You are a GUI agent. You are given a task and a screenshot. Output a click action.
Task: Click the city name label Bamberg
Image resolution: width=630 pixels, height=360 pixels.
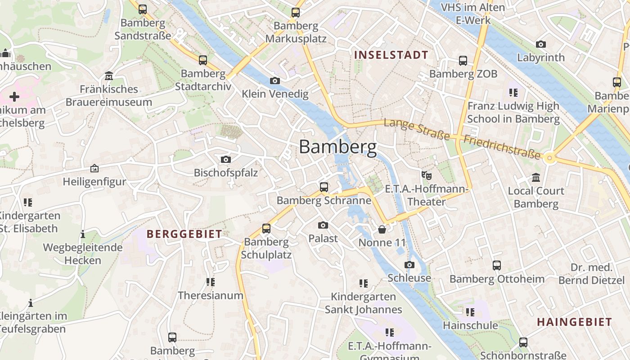point(337,147)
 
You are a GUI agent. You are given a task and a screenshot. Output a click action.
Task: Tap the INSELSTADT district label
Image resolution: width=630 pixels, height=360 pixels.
point(391,55)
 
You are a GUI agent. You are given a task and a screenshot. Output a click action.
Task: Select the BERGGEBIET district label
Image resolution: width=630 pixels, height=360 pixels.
point(184,234)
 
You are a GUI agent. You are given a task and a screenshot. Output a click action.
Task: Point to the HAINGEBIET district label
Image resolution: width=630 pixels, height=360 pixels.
point(574,322)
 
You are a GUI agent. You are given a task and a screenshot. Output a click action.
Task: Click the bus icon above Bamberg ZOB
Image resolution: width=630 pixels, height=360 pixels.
point(463,61)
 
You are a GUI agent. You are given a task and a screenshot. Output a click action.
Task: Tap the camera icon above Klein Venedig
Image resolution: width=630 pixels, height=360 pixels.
point(274,81)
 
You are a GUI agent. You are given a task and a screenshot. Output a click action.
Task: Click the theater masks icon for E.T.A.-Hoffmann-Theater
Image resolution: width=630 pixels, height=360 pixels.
point(426,175)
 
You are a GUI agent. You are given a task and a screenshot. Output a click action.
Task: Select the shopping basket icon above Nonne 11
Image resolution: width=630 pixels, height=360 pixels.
point(382,230)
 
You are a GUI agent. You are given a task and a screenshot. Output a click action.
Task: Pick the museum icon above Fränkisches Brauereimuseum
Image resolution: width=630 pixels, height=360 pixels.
point(108,76)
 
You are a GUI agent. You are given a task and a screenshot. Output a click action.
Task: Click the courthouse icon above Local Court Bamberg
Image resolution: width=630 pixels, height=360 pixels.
point(535,178)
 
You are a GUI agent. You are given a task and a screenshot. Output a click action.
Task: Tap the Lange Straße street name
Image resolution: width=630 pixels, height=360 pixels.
point(417,129)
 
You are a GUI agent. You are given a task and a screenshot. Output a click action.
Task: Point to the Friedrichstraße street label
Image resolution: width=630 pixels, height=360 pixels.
point(502,147)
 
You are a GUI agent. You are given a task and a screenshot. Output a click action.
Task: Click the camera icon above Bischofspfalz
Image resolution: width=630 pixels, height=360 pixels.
point(226,160)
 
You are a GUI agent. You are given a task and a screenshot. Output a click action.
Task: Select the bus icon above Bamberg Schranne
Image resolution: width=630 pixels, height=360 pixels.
point(324,187)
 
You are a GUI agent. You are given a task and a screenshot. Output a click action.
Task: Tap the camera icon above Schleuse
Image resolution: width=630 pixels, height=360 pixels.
point(409,265)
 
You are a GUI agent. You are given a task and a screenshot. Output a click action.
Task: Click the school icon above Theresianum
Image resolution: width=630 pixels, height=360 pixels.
point(210,282)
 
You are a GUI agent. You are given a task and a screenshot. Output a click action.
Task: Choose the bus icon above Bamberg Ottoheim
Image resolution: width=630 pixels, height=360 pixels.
point(497,265)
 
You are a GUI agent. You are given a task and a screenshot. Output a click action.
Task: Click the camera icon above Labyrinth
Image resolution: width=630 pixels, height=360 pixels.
point(540,45)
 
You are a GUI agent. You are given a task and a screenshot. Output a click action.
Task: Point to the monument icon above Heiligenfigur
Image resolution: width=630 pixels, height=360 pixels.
point(94,169)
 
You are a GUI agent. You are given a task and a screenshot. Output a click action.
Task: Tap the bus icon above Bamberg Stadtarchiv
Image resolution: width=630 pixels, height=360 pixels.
point(203,60)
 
